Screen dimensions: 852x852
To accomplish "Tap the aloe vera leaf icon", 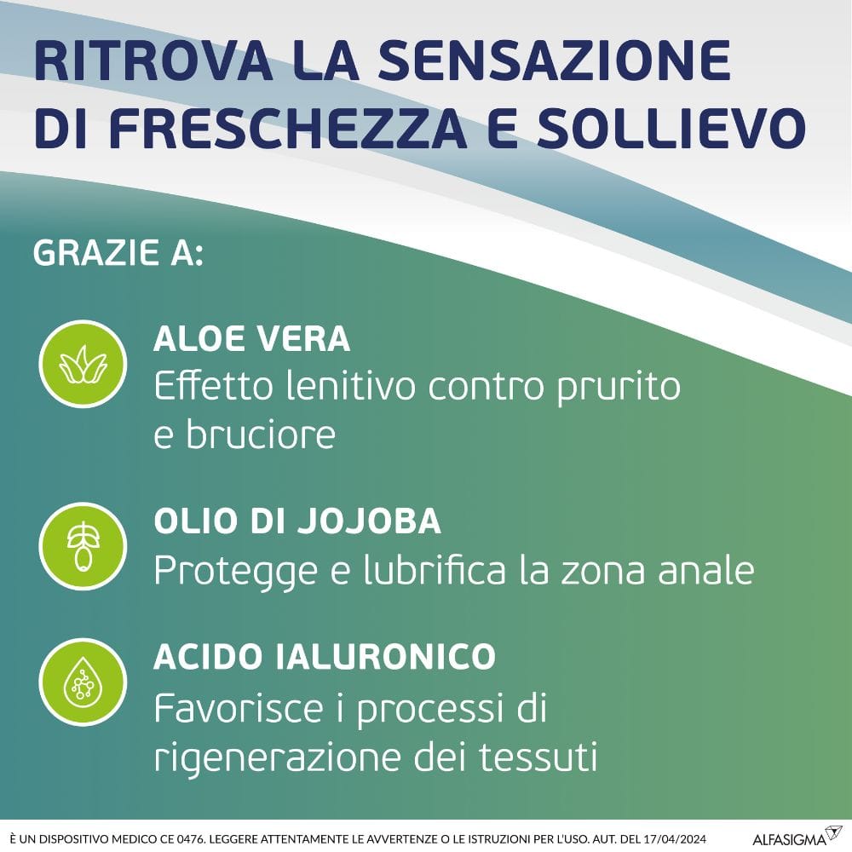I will (83, 363).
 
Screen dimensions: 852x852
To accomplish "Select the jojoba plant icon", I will (83, 546).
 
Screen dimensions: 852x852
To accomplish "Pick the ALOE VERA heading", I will (251, 339).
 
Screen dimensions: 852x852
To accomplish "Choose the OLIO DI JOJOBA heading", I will (297, 521).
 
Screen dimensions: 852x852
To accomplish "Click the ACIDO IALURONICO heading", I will (325, 656).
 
